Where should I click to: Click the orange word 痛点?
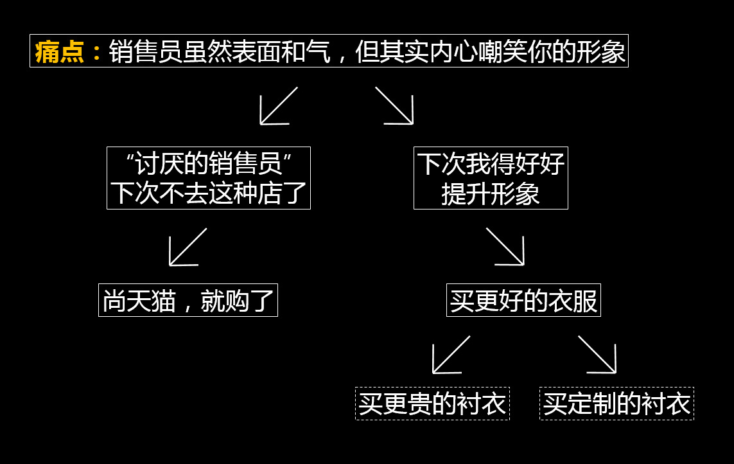coord(60,51)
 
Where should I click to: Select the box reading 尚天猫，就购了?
coord(188,300)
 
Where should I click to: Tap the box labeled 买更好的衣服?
coord(523,300)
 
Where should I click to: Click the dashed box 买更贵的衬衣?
coord(432,404)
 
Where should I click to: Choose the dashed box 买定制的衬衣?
coord(616,404)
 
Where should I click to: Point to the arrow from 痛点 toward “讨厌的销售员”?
coord(277,107)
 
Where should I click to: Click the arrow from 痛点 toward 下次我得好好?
coord(395,106)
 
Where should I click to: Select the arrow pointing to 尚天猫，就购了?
coord(187,247)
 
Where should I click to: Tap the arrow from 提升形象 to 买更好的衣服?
coord(505,247)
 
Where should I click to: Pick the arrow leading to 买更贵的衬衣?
coord(450,355)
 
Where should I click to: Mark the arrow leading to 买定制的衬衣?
coord(598,355)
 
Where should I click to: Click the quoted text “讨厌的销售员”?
coord(209,164)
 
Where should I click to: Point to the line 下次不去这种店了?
coord(209,193)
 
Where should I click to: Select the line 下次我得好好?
coord(491,164)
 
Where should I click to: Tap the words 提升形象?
coord(491,193)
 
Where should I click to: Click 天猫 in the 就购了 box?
coord(152,300)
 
